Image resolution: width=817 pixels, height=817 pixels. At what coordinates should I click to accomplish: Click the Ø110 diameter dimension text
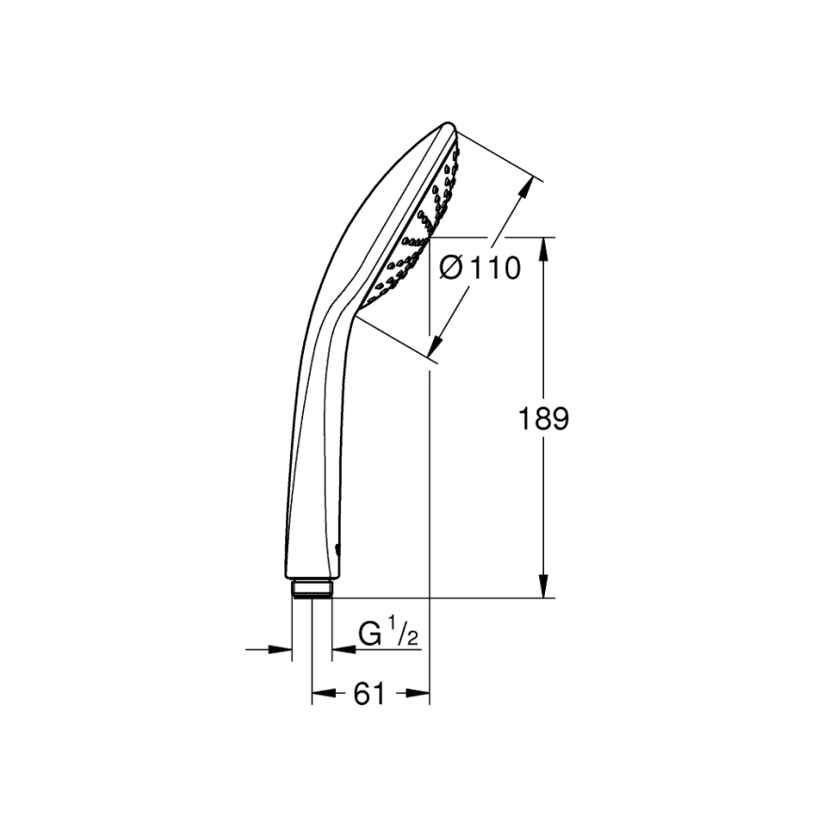(x=480, y=268)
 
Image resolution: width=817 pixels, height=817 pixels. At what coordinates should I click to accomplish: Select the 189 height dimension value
(x=544, y=419)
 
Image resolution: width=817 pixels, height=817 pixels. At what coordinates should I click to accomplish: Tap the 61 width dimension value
(x=370, y=695)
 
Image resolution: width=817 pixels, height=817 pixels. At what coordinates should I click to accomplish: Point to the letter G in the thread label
(x=372, y=634)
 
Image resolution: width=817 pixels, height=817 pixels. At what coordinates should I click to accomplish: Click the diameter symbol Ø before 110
(x=451, y=268)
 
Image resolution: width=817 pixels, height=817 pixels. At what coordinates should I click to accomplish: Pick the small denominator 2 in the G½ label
(x=411, y=640)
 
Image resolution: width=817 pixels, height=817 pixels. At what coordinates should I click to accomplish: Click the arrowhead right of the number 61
(x=419, y=695)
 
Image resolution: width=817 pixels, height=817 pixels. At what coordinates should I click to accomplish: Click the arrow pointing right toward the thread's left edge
(x=280, y=649)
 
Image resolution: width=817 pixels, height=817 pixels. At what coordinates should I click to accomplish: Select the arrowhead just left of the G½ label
(x=341, y=649)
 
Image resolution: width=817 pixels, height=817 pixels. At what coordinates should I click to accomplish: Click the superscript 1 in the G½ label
(x=396, y=625)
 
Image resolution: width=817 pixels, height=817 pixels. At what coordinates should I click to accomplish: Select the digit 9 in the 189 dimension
(x=560, y=419)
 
